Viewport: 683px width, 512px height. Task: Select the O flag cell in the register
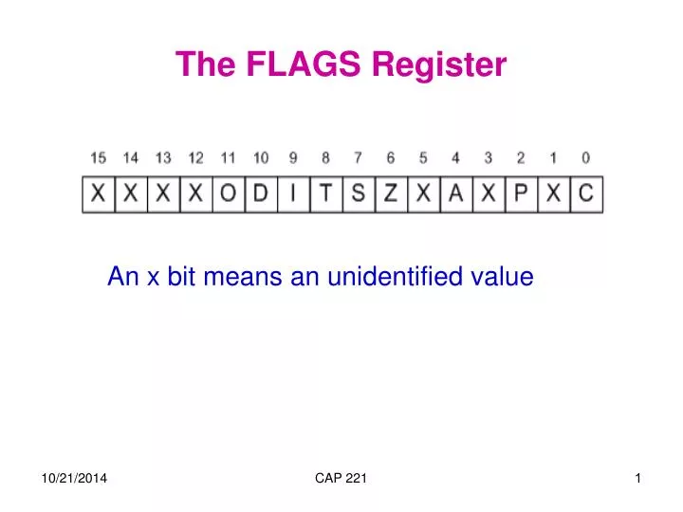point(228,194)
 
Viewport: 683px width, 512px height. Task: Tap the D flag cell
point(260,194)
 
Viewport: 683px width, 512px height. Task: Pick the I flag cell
point(293,194)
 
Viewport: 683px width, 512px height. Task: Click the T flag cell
point(325,194)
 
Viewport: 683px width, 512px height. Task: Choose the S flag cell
point(358,194)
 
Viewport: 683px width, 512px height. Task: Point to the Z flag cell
point(390,194)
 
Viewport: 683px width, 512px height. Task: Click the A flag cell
point(455,194)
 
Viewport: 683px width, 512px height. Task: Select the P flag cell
point(521,194)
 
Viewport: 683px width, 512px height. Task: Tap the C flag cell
point(585,194)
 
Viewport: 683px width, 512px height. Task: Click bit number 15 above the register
point(99,158)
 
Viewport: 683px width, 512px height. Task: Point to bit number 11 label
point(229,158)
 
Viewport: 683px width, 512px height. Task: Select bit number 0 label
point(585,158)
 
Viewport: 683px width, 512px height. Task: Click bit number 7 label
point(358,158)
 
